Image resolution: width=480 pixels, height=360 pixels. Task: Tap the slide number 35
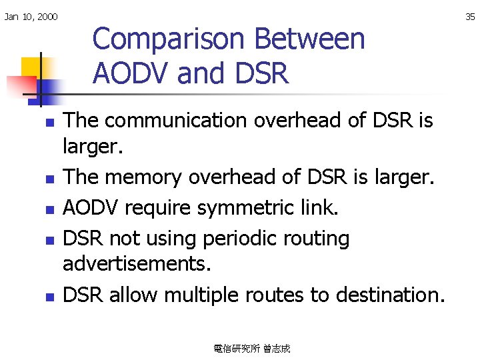click(470, 17)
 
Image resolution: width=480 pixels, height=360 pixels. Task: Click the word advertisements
click(137, 265)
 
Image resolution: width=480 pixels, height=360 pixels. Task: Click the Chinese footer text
click(252, 348)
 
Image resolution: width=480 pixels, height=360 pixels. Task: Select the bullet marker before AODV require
click(48, 209)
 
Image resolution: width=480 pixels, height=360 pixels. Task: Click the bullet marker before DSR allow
click(48, 295)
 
